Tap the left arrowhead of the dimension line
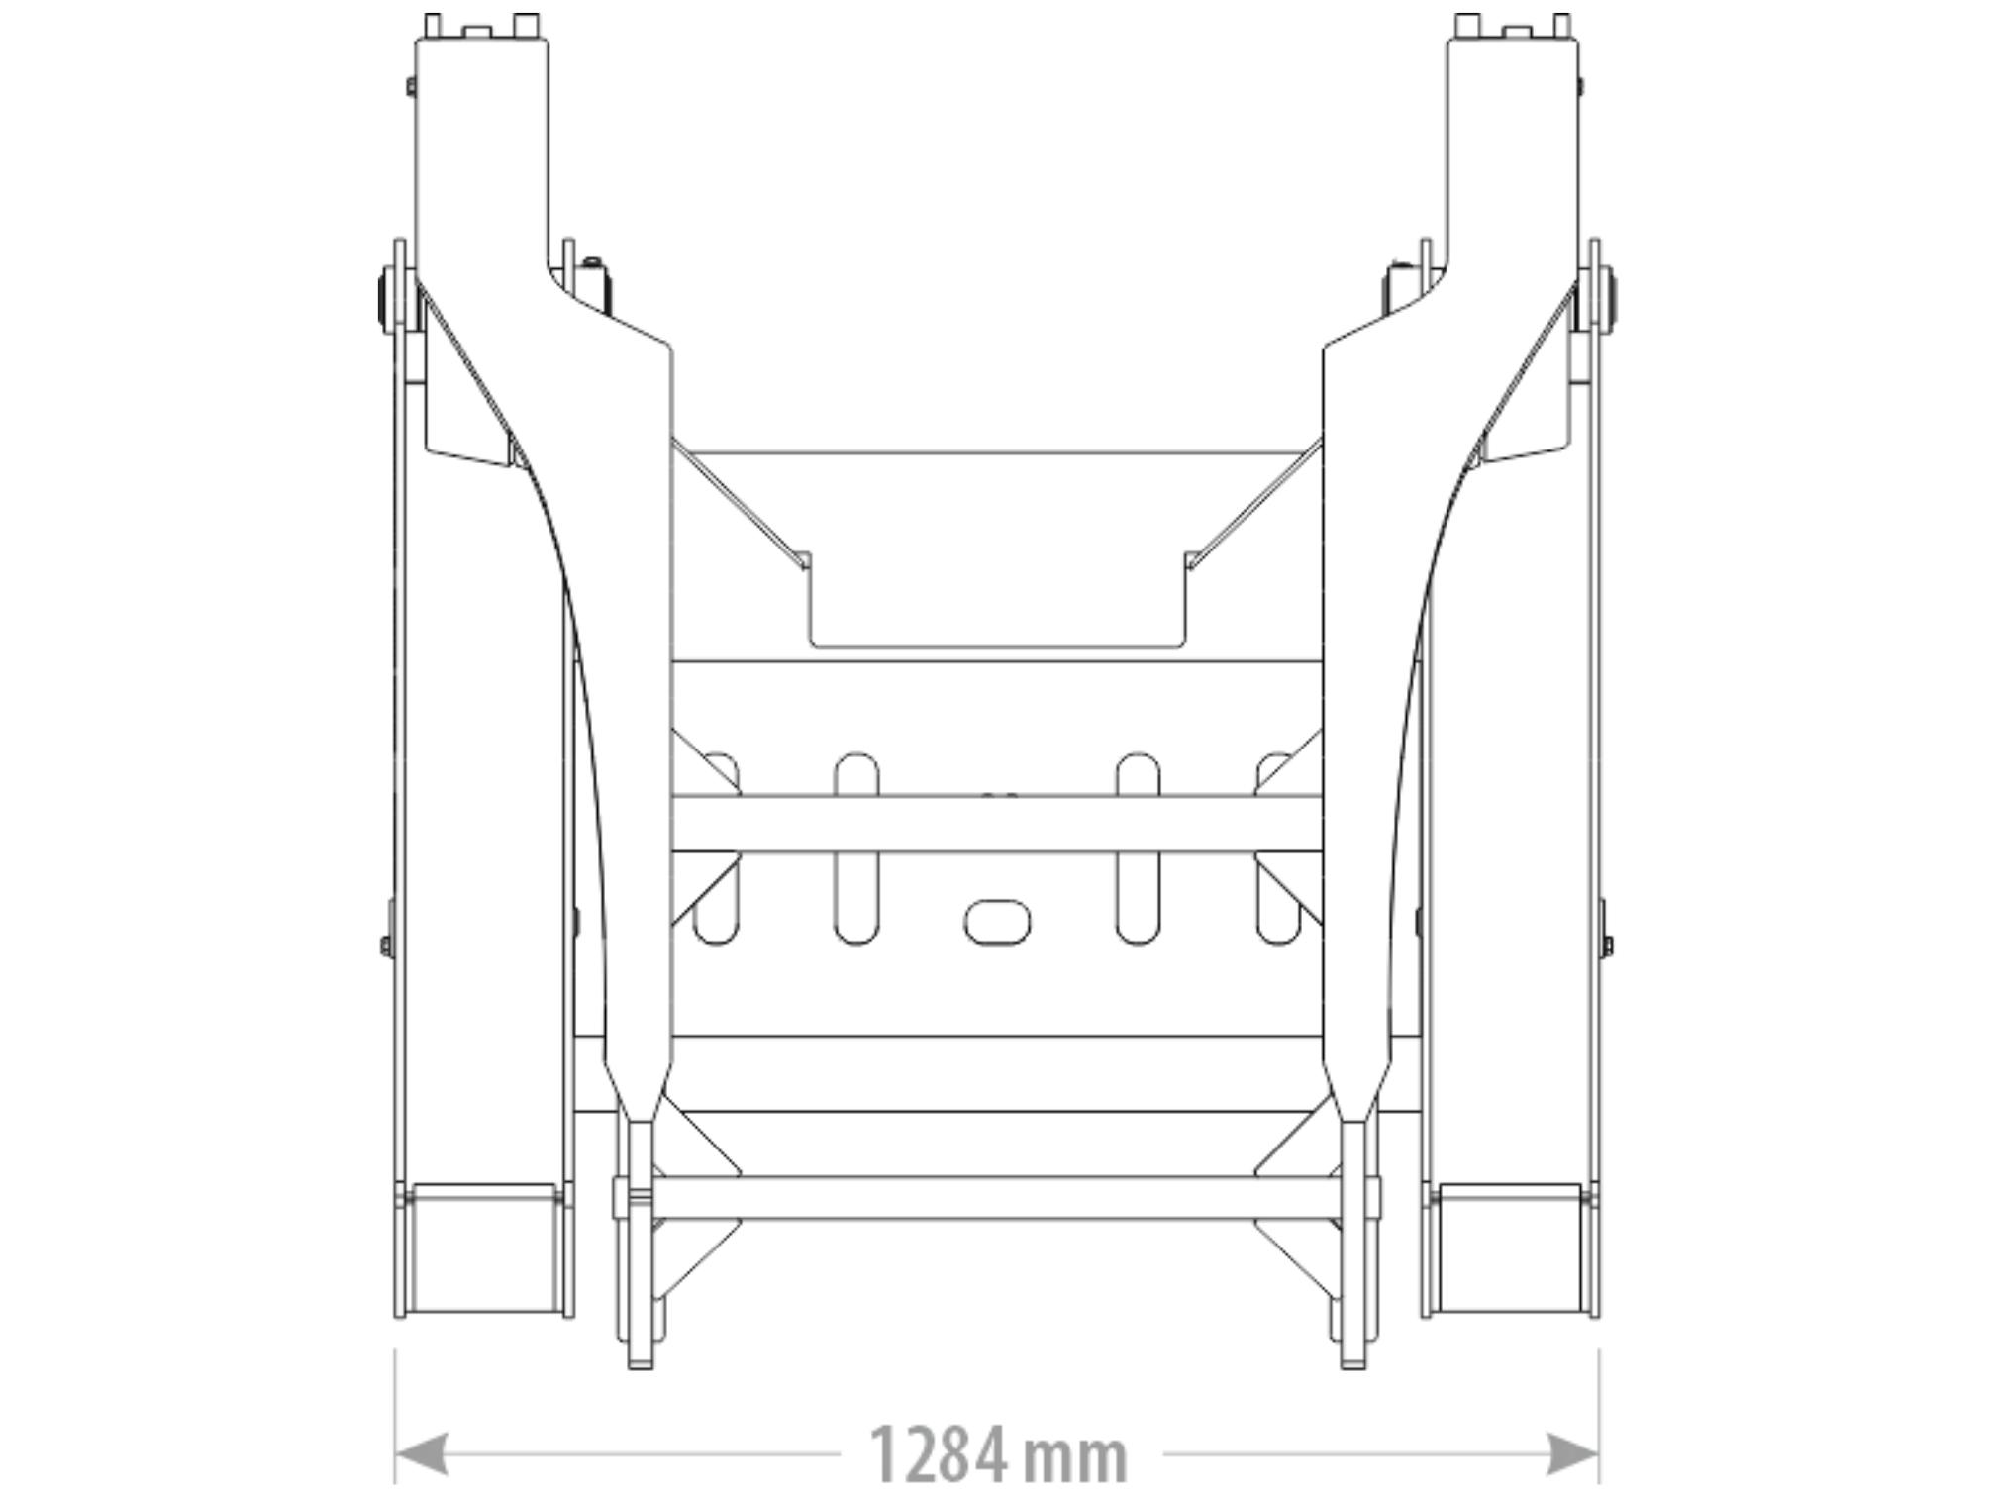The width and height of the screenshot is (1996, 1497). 421,1454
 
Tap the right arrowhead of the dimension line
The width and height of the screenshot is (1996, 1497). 1573,1454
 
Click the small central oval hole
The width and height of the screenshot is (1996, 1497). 997,921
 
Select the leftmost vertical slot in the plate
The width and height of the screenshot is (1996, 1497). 716,848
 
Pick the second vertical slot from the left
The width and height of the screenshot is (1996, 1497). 856,848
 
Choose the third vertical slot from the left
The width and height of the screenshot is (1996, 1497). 1138,848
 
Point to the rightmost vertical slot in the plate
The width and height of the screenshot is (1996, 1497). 1278,848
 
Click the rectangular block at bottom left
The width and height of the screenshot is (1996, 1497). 484,1247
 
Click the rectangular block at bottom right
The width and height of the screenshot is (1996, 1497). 1510,1247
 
